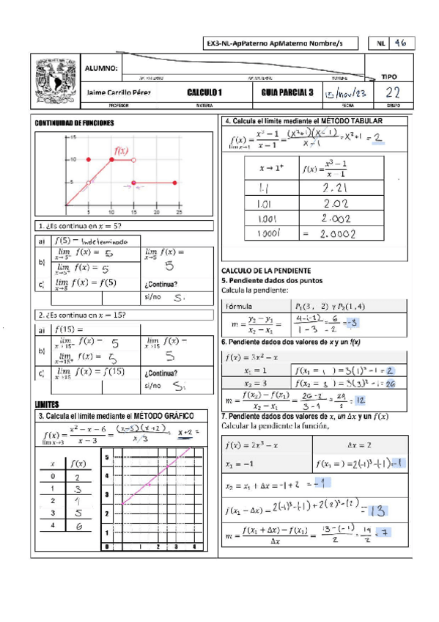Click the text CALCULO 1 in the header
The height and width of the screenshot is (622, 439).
pyautogui.click(x=204, y=92)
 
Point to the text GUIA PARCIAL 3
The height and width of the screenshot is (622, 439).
pyautogui.click(x=287, y=92)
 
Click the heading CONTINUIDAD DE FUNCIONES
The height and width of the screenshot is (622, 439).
pyautogui.click(x=74, y=125)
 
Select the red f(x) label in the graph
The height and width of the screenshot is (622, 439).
pyautogui.click(x=120, y=152)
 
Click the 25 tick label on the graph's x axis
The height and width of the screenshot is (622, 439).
pyautogui.click(x=178, y=211)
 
